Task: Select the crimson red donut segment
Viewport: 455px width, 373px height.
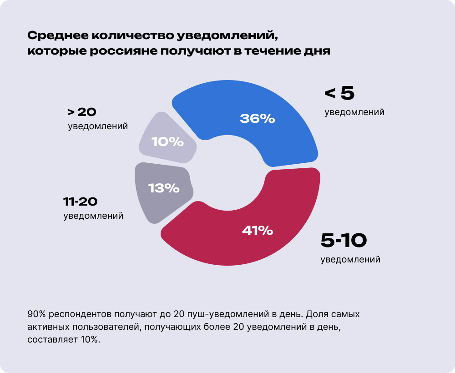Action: coord(291,218)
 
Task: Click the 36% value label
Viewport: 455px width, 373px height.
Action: coord(258,119)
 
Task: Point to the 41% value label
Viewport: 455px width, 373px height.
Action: coord(258,231)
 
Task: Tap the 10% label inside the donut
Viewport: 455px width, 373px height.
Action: coord(167,142)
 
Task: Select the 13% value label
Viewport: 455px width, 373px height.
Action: coord(164,187)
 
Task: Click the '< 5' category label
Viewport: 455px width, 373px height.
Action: coord(339,93)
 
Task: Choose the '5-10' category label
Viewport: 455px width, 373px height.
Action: coord(344,241)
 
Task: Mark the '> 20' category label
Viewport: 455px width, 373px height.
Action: coord(82,112)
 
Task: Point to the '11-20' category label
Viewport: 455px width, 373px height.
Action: coord(81,202)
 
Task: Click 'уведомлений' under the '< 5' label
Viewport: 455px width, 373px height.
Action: coord(354,112)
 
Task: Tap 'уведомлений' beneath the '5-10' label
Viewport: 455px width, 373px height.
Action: coord(350,260)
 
